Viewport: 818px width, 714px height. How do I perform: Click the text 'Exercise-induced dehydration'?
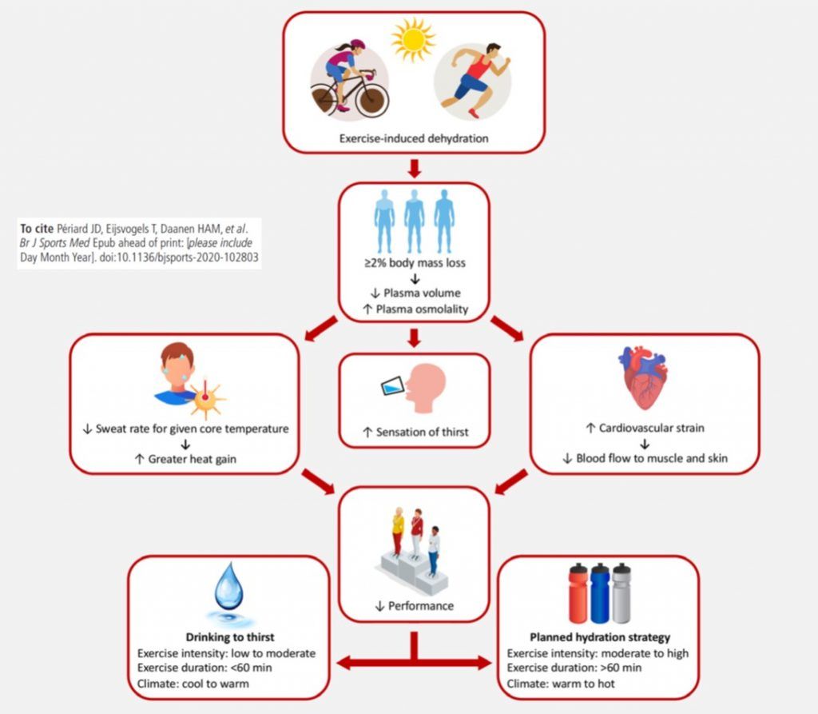tap(413, 138)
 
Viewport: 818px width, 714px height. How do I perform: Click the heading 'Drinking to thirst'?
tap(230, 637)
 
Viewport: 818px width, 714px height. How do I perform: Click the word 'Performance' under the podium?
tap(420, 606)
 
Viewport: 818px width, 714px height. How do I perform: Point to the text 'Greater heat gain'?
tap(191, 460)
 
